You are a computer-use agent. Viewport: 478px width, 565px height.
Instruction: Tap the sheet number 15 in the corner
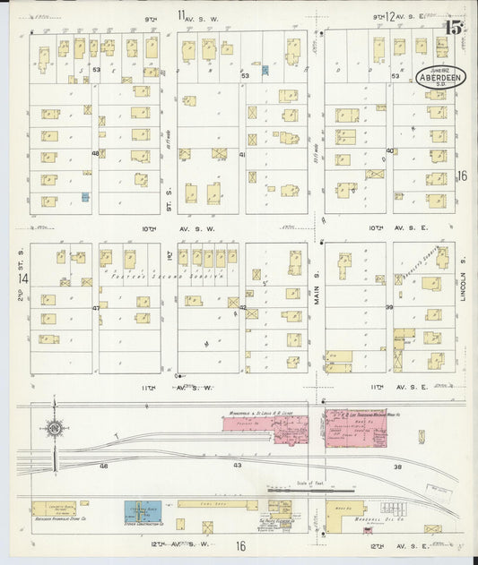tap(451, 28)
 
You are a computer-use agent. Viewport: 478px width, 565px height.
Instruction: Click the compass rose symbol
tap(56, 432)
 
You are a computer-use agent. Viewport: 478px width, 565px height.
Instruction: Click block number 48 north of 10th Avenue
tap(95, 153)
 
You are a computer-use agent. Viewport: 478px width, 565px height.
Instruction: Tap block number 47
tap(95, 307)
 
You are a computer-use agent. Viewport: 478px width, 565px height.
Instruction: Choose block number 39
tap(389, 307)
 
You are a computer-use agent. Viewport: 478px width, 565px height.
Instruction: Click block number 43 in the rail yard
tap(238, 466)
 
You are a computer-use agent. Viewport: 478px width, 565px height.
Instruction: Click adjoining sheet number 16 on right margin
tap(462, 176)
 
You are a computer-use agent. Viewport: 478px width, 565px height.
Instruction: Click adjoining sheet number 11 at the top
tap(182, 14)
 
